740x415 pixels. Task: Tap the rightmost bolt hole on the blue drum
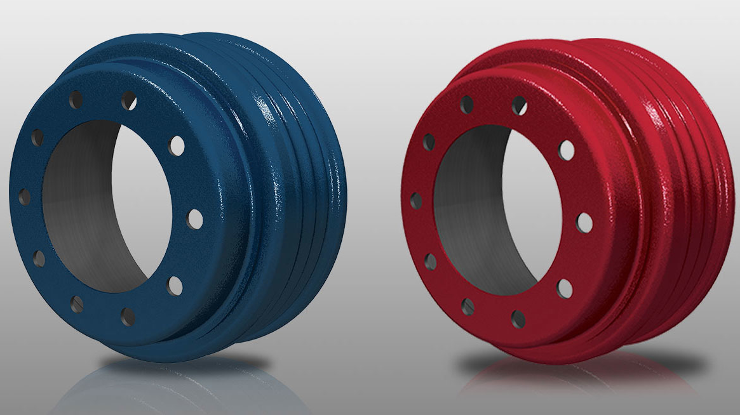pos(195,220)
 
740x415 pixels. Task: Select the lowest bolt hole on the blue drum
pos(128,316)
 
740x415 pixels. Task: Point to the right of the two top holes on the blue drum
pos(129,100)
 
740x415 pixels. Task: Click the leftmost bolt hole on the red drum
pos(415,201)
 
